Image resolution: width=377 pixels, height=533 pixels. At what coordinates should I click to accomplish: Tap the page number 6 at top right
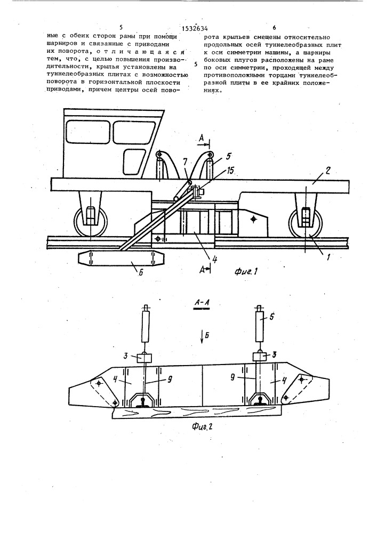pyautogui.click(x=274, y=27)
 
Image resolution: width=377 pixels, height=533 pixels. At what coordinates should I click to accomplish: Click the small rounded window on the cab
pyautogui.click(x=133, y=159)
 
